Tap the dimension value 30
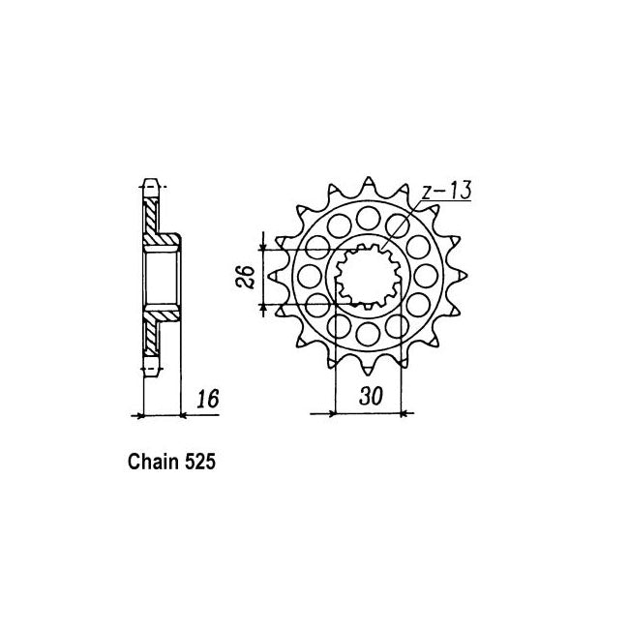371,397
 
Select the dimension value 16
208,399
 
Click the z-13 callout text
446,190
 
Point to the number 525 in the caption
200,462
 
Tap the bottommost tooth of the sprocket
369,368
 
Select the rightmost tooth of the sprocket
460,276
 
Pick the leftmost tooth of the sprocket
277,276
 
